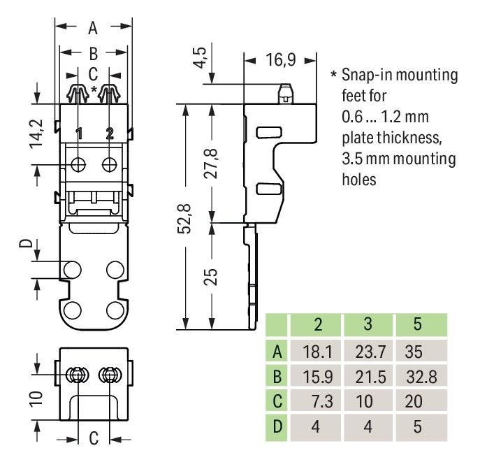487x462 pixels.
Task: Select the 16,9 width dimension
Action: click(x=280, y=61)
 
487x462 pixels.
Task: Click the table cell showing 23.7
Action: click(x=369, y=351)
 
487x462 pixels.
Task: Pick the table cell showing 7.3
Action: click(x=318, y=401)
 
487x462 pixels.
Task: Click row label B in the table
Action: click(x=277, y=377)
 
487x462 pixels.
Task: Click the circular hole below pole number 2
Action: click(x=110, y=164)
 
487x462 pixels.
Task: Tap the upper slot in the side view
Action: click(x=266, y=131)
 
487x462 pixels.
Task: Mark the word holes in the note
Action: click(x=359, y=179)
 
